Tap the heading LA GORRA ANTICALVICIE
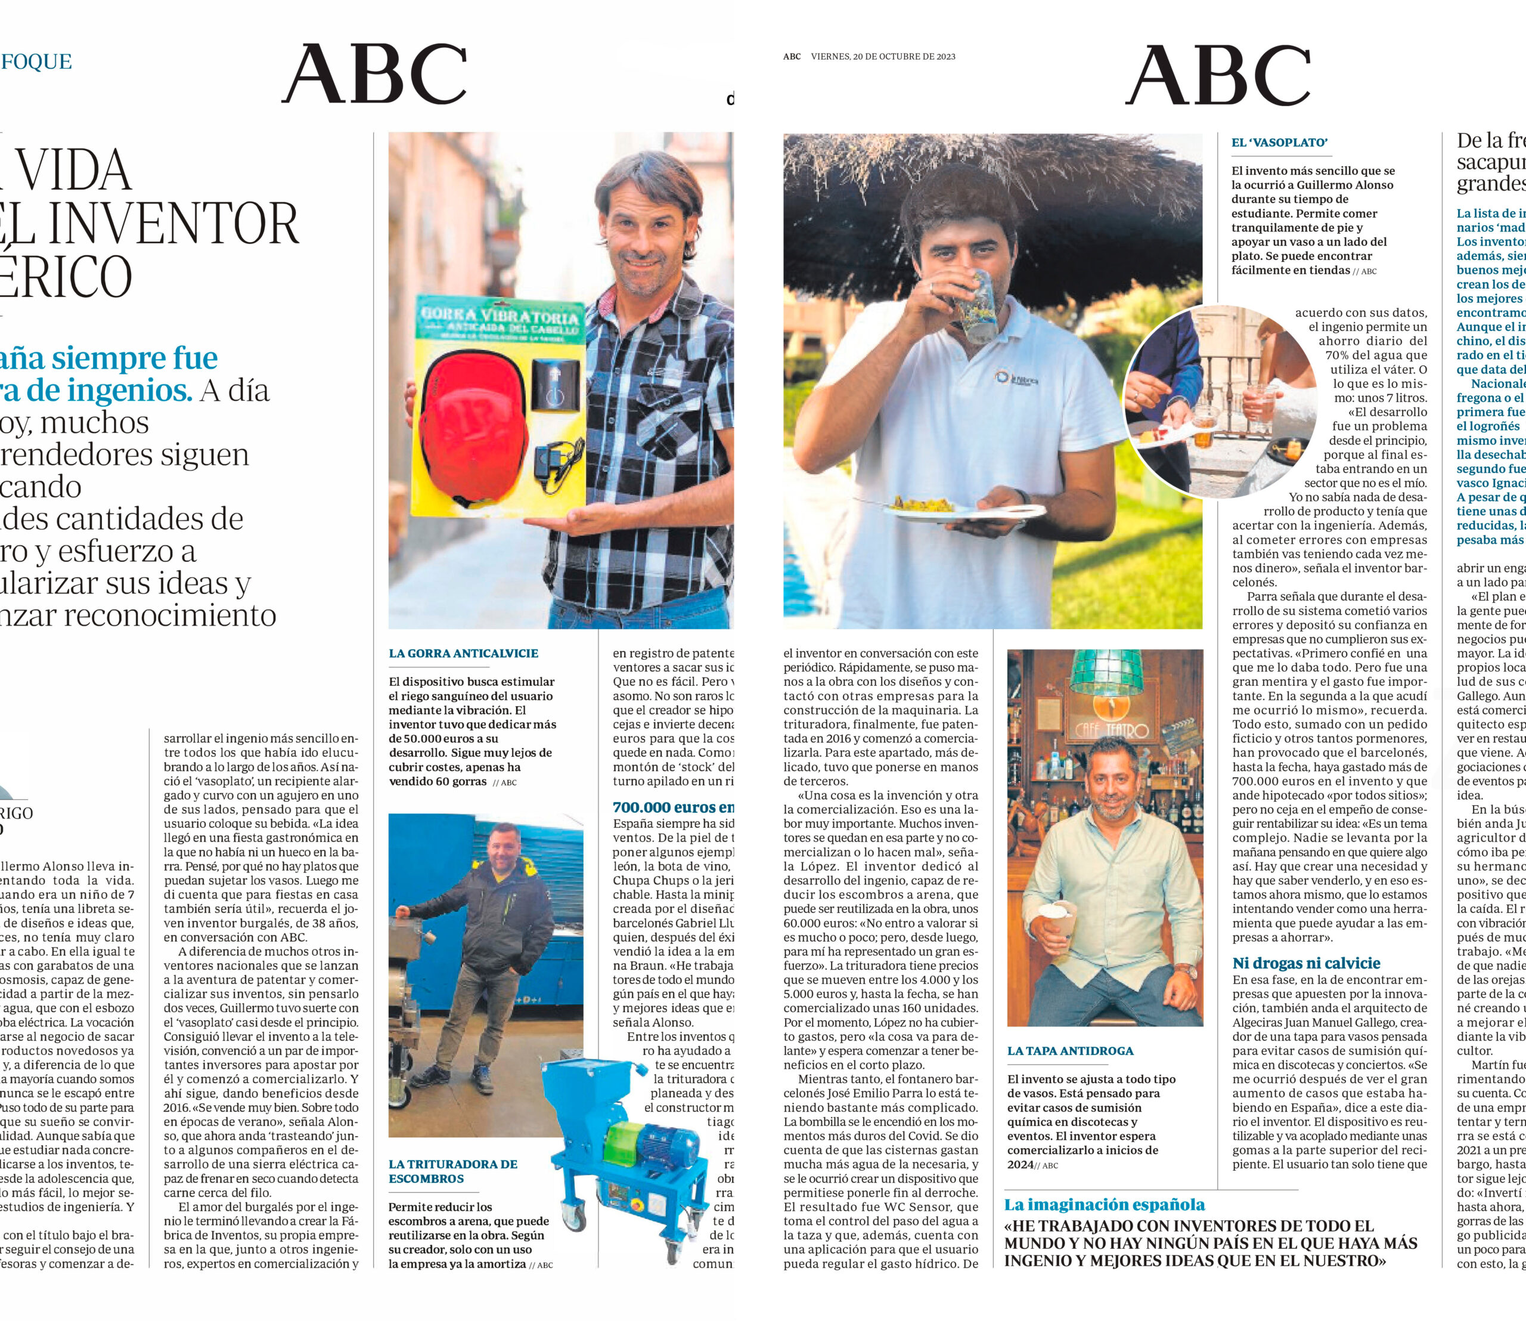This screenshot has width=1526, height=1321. point(464,653)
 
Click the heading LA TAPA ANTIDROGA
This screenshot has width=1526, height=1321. point(1071,1050)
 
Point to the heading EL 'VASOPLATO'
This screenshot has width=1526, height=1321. point(1279,143)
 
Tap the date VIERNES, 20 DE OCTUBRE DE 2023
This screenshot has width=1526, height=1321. point(883,57)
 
